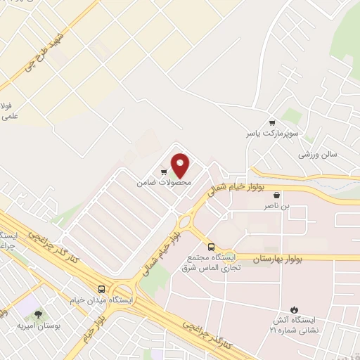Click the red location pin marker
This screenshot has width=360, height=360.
coord(181,165)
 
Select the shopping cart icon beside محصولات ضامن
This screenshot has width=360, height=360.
coord(163,171)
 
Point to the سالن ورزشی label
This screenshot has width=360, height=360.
coord(318,153)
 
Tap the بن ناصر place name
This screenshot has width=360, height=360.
coord(276,207)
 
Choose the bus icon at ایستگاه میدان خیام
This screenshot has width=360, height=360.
coord(103,289)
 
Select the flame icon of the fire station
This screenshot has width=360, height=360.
coord(295,310)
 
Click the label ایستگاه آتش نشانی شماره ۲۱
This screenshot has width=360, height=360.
coord(294,326)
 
